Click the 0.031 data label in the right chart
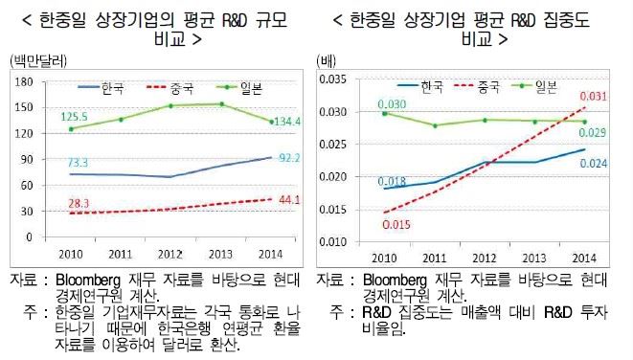tap(595, 98)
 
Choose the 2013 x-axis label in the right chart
tap(535, 259)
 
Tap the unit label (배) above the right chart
tap(326, 62)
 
